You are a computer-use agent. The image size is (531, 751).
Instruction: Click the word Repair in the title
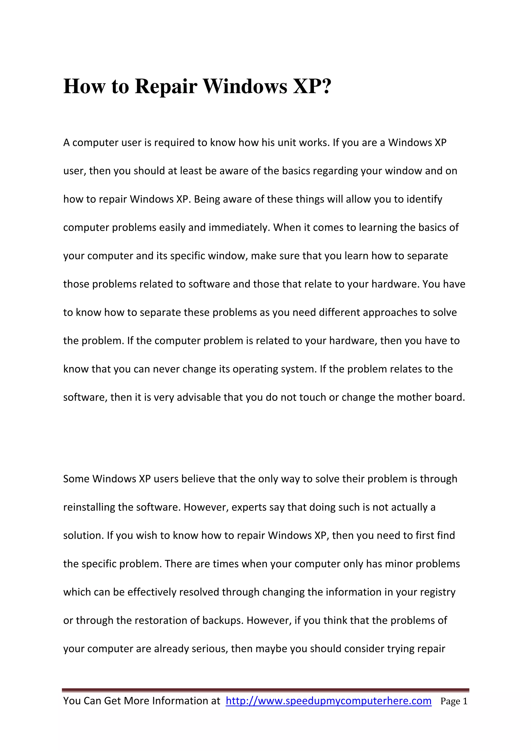click(166, 87)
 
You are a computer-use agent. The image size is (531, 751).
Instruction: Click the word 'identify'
click(424, 200)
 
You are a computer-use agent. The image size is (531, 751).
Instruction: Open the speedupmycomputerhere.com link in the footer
click(329, 701)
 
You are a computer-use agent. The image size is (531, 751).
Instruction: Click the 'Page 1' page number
click(454, 701)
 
